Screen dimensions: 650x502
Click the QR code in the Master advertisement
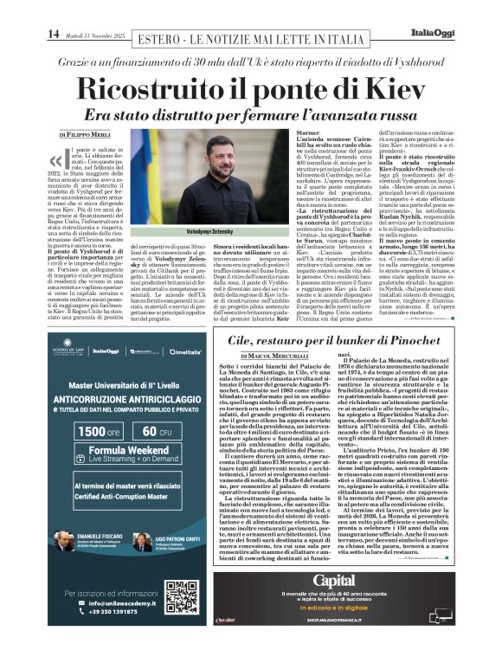point(182,597)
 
